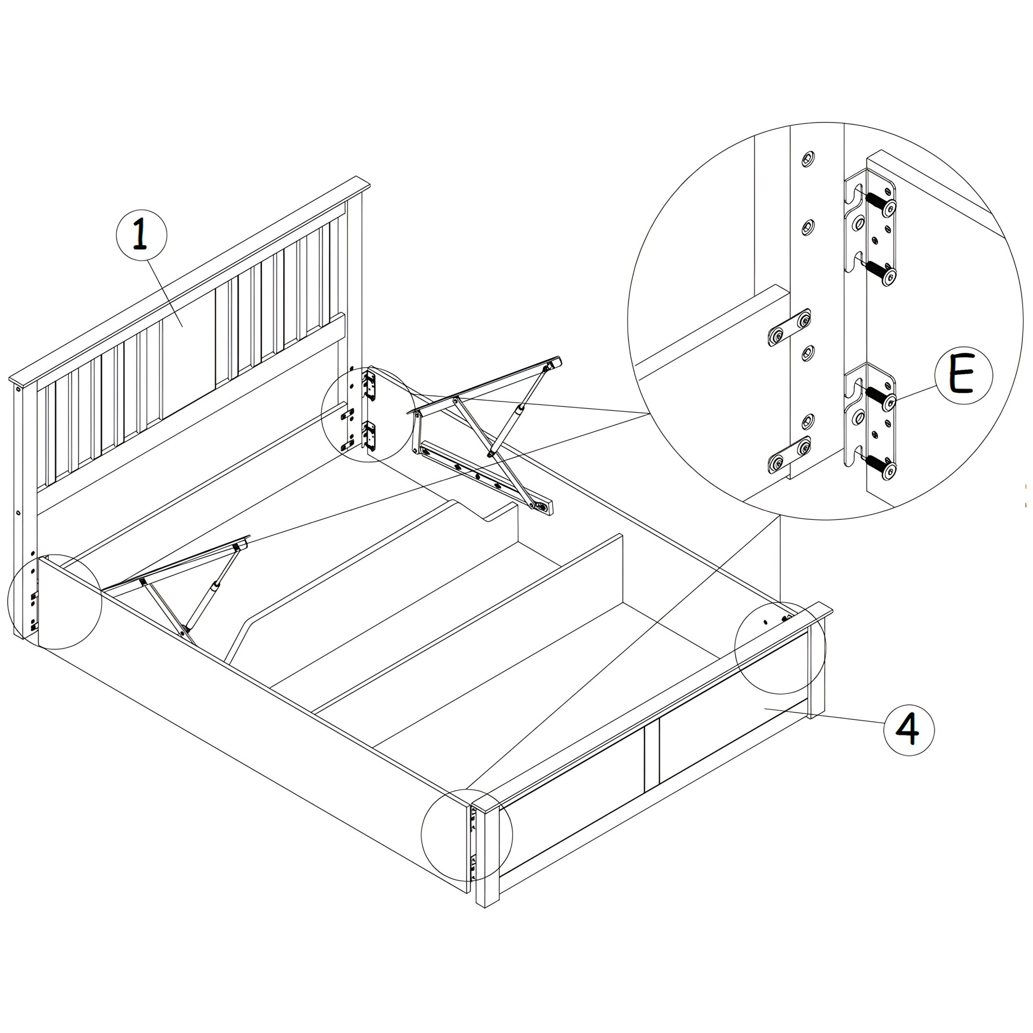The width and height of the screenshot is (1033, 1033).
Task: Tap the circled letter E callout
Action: [964, 377]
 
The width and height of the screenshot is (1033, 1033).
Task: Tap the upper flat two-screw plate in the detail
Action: [789, 328]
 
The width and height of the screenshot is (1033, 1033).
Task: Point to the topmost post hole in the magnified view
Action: [808, 159]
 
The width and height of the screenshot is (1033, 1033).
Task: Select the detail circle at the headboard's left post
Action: [55, 602]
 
